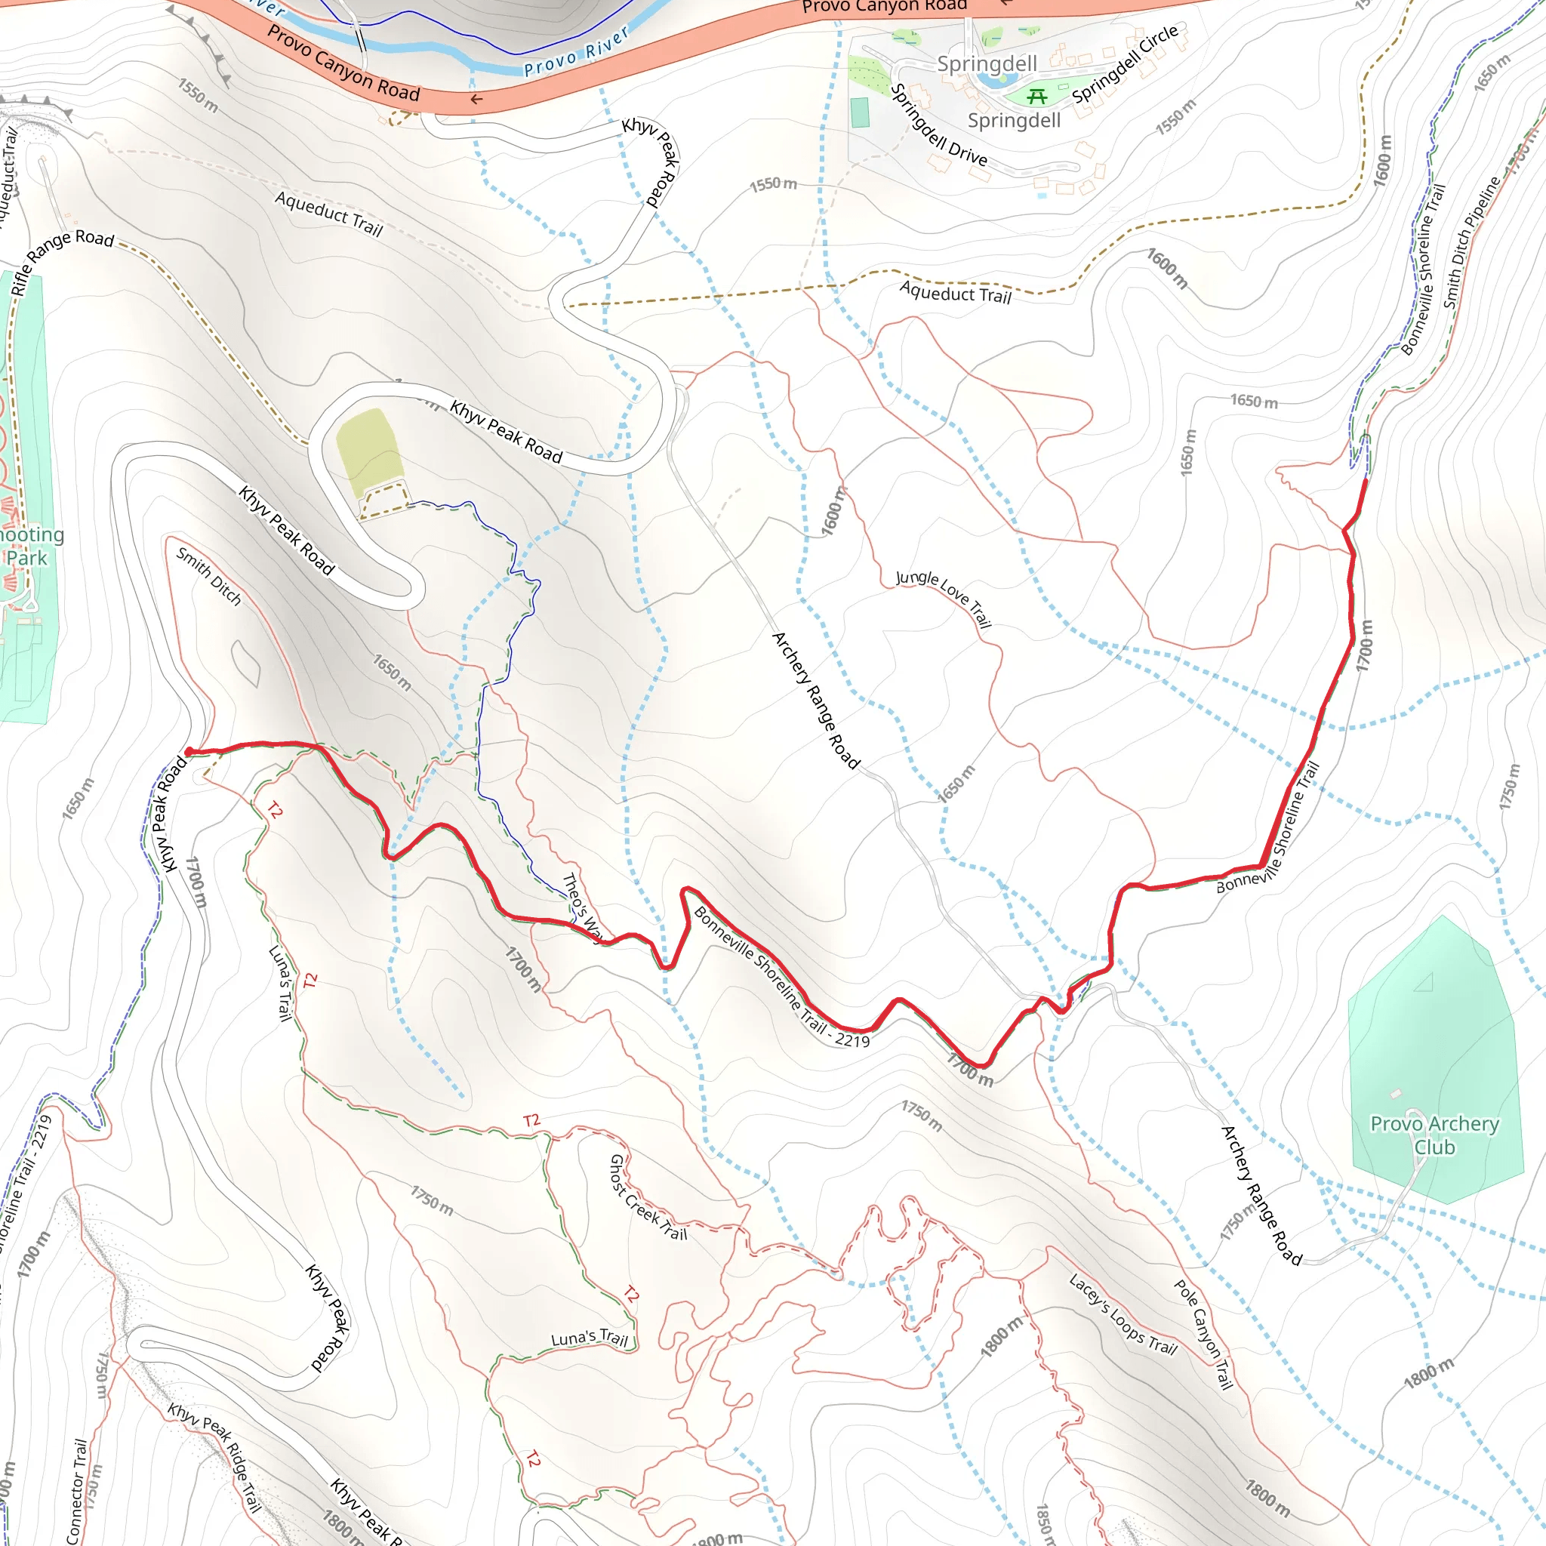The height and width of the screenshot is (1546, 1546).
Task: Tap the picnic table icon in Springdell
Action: click(x=1037, y=97)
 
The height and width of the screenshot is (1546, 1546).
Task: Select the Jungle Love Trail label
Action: click(x=944, y=599)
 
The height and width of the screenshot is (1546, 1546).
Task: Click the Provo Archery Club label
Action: click(x=1434, y=1135)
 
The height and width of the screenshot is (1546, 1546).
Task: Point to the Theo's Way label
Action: click(x=582, y=908)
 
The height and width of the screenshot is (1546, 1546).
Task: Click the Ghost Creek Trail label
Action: click(x=648, y=1198)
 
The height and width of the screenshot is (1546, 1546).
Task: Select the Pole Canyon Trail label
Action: click(x=1203, y=1334)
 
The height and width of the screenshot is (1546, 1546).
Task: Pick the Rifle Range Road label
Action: click(x=63, y=261)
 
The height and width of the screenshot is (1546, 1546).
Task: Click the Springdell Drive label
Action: click(x=938, y=125)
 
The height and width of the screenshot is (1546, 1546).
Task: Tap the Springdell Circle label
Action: click(x=1125, y=63)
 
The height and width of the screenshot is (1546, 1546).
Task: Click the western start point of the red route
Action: click(x=189, y=751)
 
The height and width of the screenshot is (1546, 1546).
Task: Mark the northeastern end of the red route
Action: click(x=1365, y=481)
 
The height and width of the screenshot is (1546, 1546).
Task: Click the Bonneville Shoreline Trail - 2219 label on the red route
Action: click(x=781, y=976)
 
